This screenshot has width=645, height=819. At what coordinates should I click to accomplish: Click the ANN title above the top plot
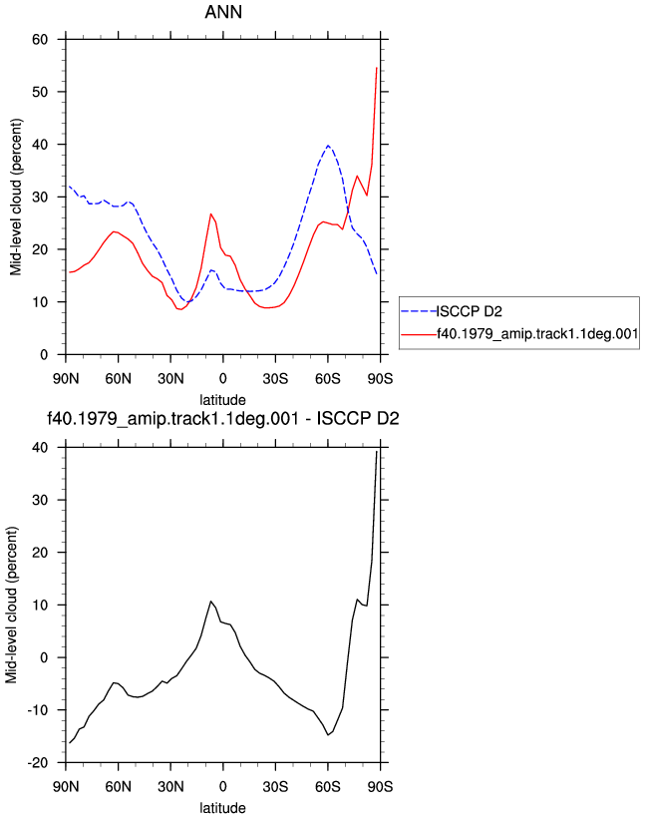(x=223, y=12)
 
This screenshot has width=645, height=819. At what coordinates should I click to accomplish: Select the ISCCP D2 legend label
(x=470, y=312)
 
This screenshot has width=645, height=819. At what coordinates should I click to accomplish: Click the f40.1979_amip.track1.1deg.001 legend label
(x=537, y=334)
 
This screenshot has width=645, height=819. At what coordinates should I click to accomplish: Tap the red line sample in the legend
(x=419, y=334)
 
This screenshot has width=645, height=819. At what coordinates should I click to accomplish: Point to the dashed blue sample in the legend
(x=419, y=312)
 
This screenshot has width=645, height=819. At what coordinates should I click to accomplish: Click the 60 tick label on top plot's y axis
(x=40, y=39)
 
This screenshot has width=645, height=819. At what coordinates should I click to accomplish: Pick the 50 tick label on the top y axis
(x=40, y=92)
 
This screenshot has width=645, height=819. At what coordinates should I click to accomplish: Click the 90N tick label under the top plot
(x=66, y=378)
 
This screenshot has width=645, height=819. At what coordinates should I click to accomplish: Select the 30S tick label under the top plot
(x=275, y=378)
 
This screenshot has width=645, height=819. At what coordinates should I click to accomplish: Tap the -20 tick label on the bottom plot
(x=37, y=763)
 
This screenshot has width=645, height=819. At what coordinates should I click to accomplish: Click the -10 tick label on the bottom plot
(x=37, y=710)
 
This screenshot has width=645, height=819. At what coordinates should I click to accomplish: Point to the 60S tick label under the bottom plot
(x=328, y=786)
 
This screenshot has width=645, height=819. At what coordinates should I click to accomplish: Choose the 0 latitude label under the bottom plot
(x=223, y=786)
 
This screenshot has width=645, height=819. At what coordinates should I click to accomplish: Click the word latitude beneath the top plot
(x=223, y=400)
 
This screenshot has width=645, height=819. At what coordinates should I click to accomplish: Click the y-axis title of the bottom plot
(x=11, y=605)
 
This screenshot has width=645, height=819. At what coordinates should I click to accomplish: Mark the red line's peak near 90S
(x=377, y=68)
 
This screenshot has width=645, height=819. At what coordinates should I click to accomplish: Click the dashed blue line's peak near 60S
(x=328, y=146)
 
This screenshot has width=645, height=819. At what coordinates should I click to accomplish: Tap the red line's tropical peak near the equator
(x=210, y=213)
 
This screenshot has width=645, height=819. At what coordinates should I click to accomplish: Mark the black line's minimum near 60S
(x=328, y=735)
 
